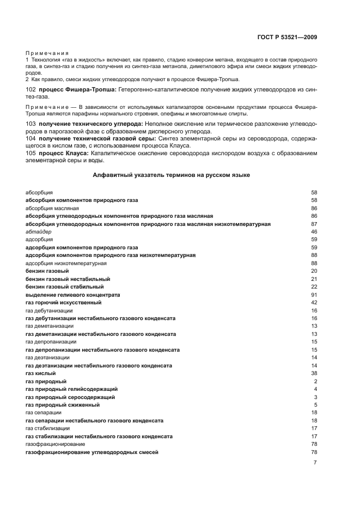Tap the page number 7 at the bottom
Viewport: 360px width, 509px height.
coord(315,462)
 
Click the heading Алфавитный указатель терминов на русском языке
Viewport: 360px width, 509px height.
coord(172,176)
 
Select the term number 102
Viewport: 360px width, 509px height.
coord(30,89)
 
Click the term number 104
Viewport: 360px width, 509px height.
coord(30,139)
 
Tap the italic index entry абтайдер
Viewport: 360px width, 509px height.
coord(39,231)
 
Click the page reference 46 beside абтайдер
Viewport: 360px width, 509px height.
coord(314,231)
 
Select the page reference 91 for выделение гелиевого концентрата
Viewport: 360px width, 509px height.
coord(314,295)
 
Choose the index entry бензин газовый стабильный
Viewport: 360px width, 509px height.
coord(64,286)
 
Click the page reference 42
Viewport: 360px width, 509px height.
coord(314,302)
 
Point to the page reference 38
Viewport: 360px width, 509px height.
coord(314,373)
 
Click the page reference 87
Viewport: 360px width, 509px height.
coord(314,224)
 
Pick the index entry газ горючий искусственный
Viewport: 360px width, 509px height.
coord(63,302)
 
